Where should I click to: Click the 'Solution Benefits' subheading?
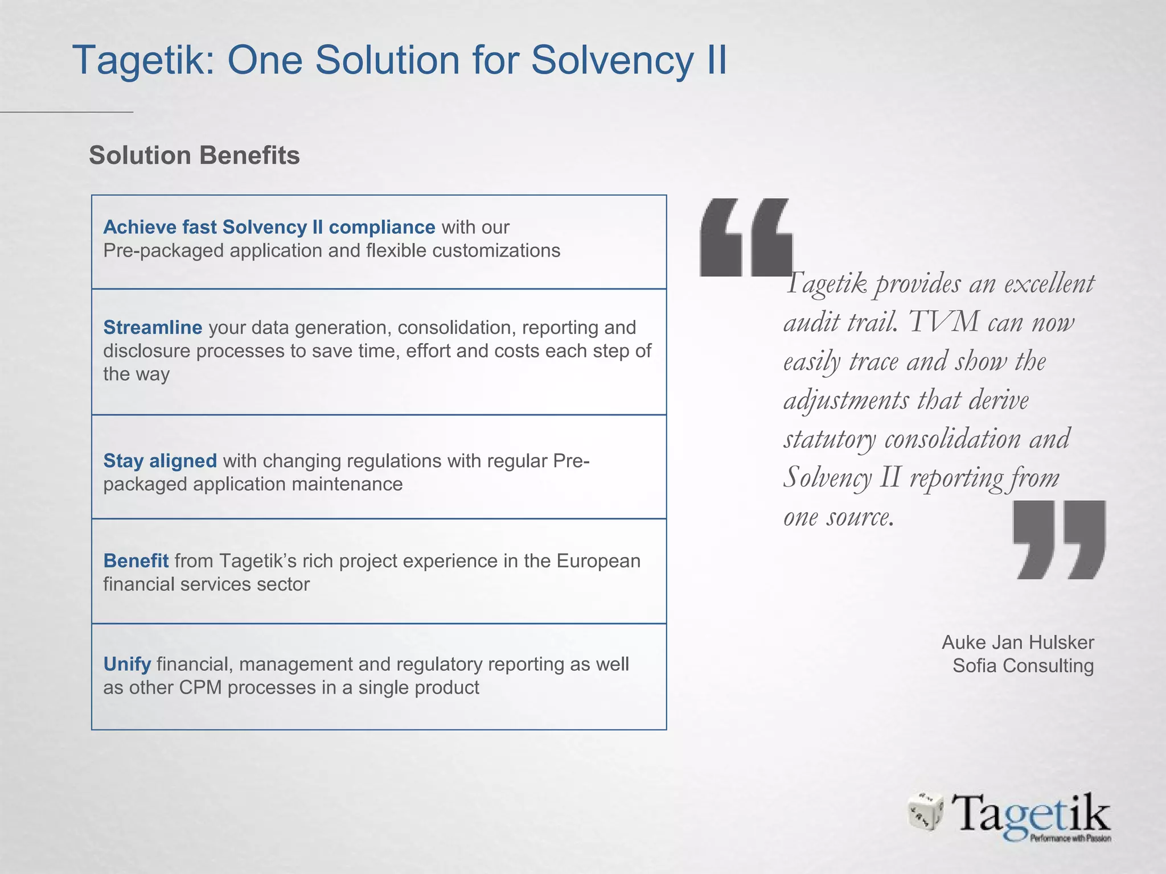(x=194, y=155)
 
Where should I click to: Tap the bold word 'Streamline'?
(x=153, y=327)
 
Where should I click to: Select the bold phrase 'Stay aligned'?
(x=160, y=460)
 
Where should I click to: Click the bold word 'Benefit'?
(x=136, y=560)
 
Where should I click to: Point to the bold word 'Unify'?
(x=127, y=664)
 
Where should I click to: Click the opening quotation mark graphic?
(x=746, y=237)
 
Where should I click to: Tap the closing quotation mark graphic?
(x=1060, y=539)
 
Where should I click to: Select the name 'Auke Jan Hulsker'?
(x=1017, y=642)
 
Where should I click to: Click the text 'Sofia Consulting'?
(x=1023, y=666)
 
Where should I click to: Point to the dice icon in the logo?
(x=925, y=811)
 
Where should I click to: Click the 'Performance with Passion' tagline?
(x=1070, y=838)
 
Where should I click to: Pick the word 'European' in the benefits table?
(x=598, y=560)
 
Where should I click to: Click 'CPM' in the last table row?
(x=201, y=687)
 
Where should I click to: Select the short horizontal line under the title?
(x=67, y=112)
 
